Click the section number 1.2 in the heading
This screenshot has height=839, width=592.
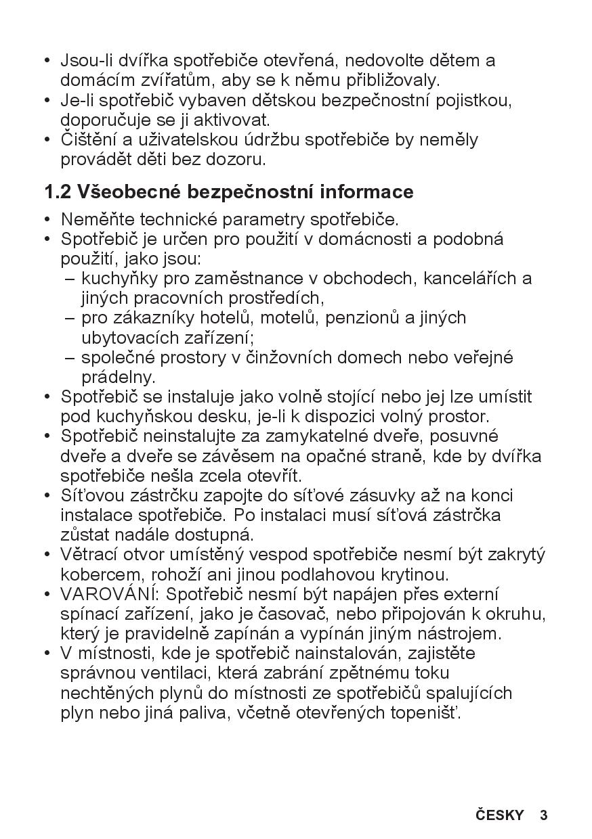[58, 192]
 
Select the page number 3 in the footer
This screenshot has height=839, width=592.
[543, 815]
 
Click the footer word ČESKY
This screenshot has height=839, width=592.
[500, 815]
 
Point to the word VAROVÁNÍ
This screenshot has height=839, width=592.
[110, 594]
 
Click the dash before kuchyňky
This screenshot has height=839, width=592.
[70, 278]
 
